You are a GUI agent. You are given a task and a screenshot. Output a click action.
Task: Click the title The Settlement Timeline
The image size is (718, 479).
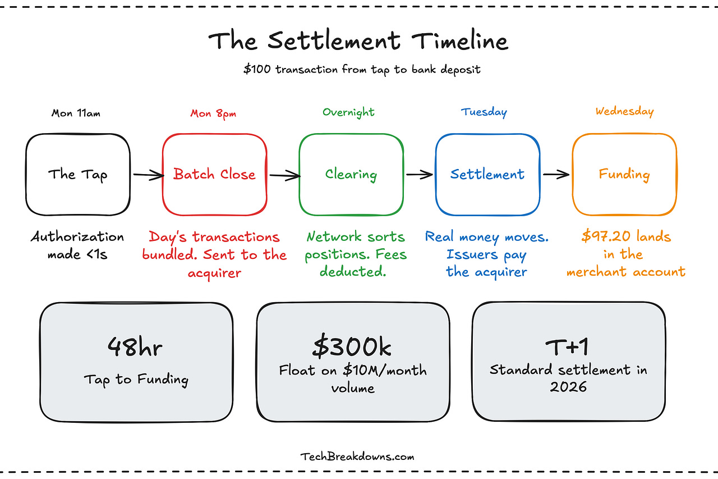pyautogui.click(x=358, y=42)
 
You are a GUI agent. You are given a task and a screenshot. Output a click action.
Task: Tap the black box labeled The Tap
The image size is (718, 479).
pyautogui.click(x=77, y=174)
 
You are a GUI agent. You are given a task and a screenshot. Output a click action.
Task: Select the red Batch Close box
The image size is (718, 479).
pyautogui.click(x=214, y=174)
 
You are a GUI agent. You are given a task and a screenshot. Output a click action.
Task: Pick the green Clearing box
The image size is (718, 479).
pyautogui.click(x=351, y=174)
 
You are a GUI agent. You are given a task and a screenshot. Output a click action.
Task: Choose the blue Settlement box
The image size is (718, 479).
pyautogui.click(x=487, y=174)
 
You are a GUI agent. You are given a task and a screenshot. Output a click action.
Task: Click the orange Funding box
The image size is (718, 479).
pyautogui.click(x=624, y=174)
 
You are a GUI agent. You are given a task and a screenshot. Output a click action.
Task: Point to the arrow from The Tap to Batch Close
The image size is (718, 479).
pyautogui.click(x=146, y=175)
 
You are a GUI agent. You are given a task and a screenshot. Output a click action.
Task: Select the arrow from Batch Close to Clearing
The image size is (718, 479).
pyautogui.click(x=283, y=175)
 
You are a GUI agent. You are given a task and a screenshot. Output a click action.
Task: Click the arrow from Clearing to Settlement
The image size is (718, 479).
pyautogui.click(x=420, y=175)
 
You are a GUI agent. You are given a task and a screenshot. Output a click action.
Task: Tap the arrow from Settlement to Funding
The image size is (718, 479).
pyautogui.click(x=556, y=175)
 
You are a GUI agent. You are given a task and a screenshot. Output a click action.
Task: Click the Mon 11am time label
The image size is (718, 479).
pyautogui.click(x=77, y=113)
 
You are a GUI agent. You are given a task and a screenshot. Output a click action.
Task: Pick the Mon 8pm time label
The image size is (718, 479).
pyautogui.click(x=214, y=113)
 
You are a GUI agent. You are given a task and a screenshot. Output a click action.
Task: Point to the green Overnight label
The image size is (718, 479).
pyautogui.click(x=348, y=112)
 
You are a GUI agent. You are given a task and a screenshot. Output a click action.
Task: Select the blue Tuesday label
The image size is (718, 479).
pyautogui.click(x=484, y=112)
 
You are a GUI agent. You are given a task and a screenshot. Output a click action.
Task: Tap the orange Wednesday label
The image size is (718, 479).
pyautogui.click(x=624, y=111)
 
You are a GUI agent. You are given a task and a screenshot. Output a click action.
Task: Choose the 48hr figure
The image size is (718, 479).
pyautogui.click(x=135, y=348)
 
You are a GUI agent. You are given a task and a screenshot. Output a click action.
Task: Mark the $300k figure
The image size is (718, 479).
pyautogui.click(x=352, y=348)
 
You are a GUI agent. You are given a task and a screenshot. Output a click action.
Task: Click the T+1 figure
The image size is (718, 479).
pyautogui.click(x=568, y=348)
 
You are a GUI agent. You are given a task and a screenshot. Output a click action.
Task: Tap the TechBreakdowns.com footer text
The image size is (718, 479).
pyautogui.click(x=357, y=457)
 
